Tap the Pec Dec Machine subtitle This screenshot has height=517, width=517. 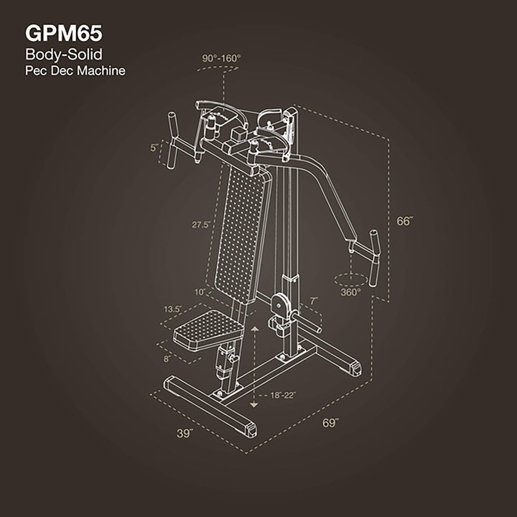[x=75, y=71]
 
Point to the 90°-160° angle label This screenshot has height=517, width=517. [x=222, y=57]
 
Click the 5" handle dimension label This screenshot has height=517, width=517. [x=154, y=147]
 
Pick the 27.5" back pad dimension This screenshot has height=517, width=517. [x=200, y=225]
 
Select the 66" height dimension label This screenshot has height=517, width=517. [x=405, y=221]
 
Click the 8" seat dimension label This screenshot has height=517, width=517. [x=167, y=357]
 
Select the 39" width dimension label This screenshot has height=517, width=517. [x=185, y=434]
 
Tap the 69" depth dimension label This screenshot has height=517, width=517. [x=330, y=423]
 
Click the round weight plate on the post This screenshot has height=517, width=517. [x=280, y=304]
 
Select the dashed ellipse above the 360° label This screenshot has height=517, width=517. [x=350, y=277]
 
